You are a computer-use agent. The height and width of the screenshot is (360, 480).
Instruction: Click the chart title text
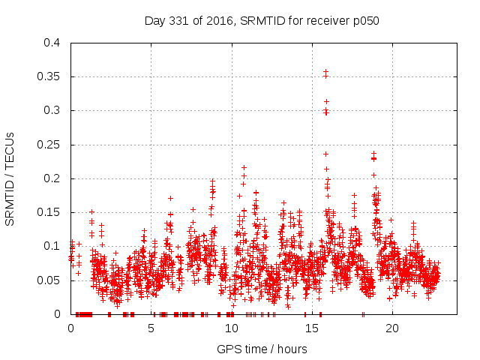click(x=262, y=21)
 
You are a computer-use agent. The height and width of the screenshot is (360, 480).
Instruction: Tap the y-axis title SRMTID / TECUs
click(x=10, y=178)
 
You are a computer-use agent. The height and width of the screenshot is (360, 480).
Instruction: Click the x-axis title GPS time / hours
click(x=262, y=349)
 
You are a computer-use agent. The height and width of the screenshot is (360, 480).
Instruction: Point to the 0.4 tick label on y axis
click(x=52, y=43)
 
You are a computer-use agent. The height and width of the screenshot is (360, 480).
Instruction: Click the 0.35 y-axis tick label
click(x=49, y=76)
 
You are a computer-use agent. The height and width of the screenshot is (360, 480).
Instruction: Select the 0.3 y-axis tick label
click(x=52, y=110)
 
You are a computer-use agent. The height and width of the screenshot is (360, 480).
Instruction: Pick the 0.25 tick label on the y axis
click(x=49, y=145)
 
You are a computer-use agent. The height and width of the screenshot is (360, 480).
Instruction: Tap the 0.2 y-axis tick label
click(x=52, y=178)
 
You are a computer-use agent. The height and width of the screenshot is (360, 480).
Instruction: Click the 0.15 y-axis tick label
click(x=49, y=212)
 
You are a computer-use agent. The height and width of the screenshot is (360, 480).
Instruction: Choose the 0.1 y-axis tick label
click(x=52, y=246)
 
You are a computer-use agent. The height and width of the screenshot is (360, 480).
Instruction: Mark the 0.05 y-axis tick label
click(x=49, y=280)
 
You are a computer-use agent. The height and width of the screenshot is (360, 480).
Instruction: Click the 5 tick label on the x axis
click(x=151, y=328)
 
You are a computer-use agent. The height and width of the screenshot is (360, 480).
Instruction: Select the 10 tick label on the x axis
click(x=231, y=328)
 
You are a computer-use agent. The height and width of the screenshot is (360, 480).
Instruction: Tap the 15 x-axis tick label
click(x=311, y=328)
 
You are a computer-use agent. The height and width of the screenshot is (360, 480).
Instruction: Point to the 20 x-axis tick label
click(x=391, y=328)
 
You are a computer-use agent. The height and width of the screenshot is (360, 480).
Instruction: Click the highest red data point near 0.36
click(x=325, y=72)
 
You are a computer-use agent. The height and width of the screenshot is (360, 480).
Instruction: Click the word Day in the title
click(x=154, y=21)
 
